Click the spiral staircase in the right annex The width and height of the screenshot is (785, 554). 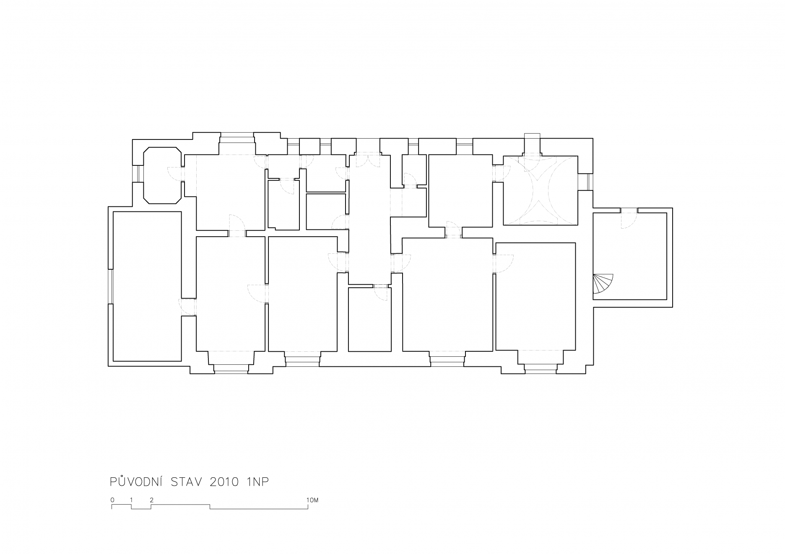tap(603, 284)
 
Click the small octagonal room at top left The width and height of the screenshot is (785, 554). tap(163, 175)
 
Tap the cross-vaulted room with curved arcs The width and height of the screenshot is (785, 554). tap(540, 190)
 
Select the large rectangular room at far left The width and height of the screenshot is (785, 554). tap(147, 286)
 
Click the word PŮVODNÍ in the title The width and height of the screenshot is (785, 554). tap(137, 482)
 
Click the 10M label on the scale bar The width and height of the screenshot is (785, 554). tap(313, 500)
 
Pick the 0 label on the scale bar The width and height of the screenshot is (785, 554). tap(112, 500)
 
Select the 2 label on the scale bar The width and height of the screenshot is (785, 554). tap(151, 500)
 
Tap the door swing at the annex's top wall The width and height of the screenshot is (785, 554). tap(629, 218)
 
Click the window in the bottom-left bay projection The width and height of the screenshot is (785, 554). tap(231, 368)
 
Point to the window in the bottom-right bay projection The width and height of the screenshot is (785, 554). tap(541, 368)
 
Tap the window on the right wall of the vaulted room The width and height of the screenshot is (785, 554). tap(588, 181)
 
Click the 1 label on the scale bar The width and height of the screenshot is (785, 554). tap(132, 500)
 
